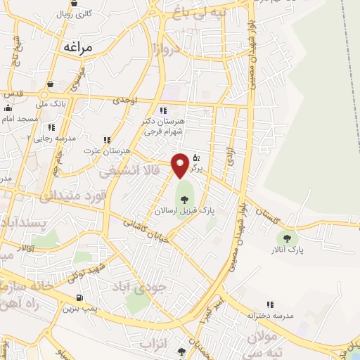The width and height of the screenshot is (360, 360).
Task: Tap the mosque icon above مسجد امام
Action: pyautogui.click(x=8, y=108)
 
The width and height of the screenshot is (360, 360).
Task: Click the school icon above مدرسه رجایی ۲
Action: pyautogui.click(x=51, y=127)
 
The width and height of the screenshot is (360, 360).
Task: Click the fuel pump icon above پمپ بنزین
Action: pyautogui.click(x=78, y=297)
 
